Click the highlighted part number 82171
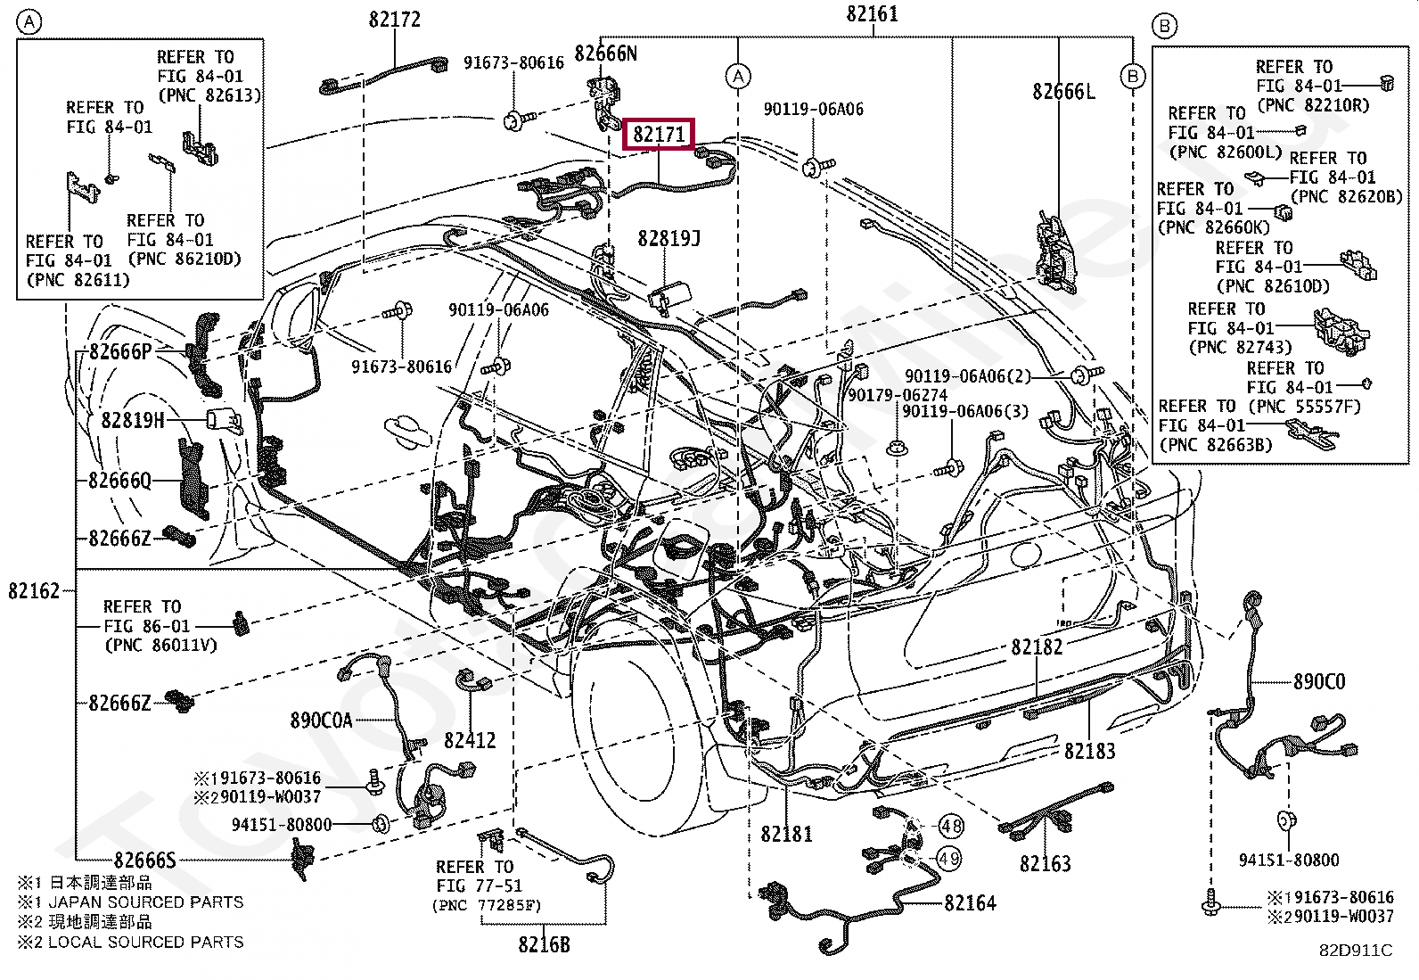[659, 135]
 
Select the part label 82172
[395, 20]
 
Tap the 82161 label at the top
[873, 14]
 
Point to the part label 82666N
[605, 54]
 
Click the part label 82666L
[1063, 92]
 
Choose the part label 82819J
[669, 238]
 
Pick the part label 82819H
[133, 420]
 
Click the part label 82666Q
[119, 481]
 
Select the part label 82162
[34, 591]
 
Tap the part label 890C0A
[321, 721]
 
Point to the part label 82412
[470, 740]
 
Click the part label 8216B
[545, 944]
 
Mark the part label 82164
[971, 902]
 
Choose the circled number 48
[951, 826]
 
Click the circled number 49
[948, 859]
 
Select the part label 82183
[1089, 751]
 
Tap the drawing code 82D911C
[1356, 951]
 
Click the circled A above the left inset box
[29, 23]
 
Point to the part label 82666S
[145, 861]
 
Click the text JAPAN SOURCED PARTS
[145, 902]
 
